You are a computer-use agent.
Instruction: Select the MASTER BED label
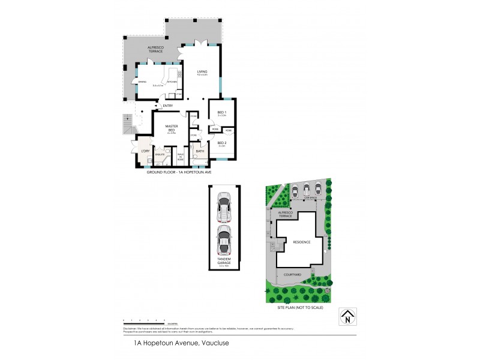coord(171,128)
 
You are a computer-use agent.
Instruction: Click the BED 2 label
coord(221,142)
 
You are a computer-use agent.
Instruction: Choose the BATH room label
coord(200,151)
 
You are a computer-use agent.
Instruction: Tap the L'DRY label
coord(145,149)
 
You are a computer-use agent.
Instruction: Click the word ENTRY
coord(167,106)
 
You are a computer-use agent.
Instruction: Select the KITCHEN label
coord(171,82)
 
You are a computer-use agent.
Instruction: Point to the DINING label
coord(142,82)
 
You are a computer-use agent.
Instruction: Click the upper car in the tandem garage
coord(224,208)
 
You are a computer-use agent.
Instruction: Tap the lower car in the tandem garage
coord(224,239)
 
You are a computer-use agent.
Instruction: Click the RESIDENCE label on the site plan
coord(301,242)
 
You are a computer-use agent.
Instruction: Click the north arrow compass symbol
coord(347,316)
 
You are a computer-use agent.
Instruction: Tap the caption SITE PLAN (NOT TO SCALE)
coord(301,307)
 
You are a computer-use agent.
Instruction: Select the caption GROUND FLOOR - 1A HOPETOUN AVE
coord(179,172)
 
